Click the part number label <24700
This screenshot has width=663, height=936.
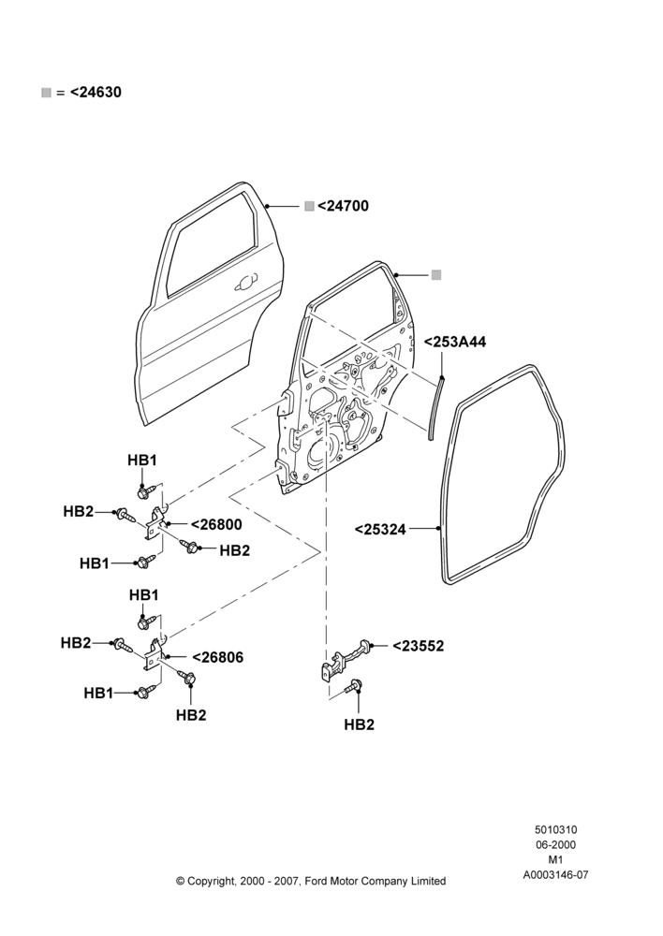point(343,206)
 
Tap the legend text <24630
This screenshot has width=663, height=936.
point(96,93)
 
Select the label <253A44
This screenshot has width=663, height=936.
point(455,342)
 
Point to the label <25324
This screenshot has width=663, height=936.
point(380,530)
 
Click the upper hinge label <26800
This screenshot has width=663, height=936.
point(217,525)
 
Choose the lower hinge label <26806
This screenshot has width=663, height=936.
point(218,658)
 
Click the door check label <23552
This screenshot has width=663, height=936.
point(418,646)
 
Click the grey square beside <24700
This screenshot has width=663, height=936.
point(309,206)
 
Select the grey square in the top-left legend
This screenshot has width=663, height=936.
point(46,93)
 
